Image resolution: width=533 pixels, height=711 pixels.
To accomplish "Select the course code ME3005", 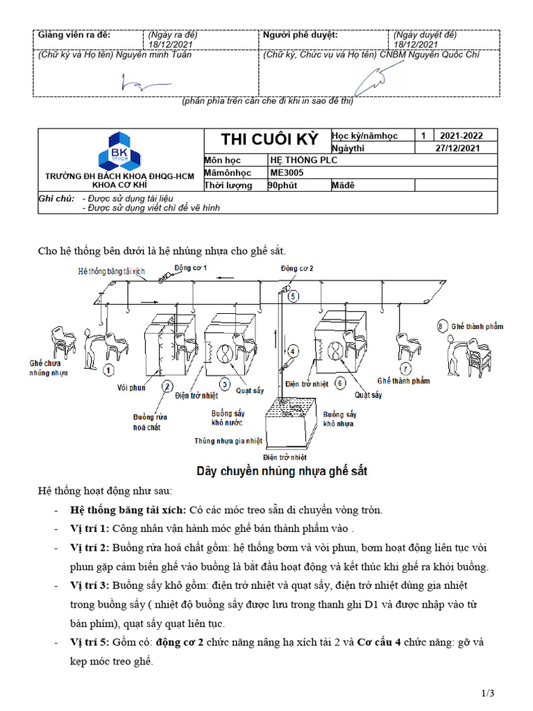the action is click(x=286, y=173).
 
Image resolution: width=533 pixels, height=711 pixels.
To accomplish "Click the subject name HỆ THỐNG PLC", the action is click(x=298, y=160).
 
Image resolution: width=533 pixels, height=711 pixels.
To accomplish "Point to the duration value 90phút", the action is click(x=283, y=185).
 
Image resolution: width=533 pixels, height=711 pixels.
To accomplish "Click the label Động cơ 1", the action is click(x=190, y=267).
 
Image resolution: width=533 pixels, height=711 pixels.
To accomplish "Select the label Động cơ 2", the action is click(x=297, y=268).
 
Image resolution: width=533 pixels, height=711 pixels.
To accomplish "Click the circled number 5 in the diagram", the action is click(x=294, y=296).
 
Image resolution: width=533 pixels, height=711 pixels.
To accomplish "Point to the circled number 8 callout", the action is click(x=441, y=325).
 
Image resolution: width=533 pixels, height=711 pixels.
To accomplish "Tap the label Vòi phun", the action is click(x=132, y=387).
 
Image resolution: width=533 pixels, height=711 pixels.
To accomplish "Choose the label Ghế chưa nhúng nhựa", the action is click(x=49, y=367).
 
